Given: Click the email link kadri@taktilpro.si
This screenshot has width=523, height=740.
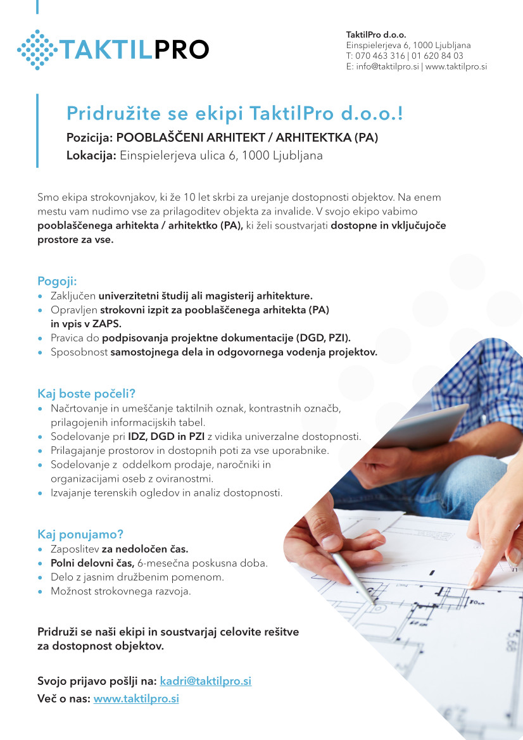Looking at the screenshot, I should pos(206,681).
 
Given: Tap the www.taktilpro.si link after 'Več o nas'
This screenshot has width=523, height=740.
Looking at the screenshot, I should pos(136,699).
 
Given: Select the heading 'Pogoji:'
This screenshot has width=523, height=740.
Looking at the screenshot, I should pos(57,281).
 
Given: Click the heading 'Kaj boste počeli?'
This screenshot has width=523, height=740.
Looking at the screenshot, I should pos(87,393).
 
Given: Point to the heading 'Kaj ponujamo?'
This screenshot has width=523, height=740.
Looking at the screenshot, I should pos(80,534).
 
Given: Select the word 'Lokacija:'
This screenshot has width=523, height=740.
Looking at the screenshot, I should pos(91,156).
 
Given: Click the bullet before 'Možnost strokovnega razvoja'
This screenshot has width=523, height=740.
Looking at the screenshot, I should pos(41,592).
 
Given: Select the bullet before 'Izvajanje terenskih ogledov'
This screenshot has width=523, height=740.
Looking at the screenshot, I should pos(41,492).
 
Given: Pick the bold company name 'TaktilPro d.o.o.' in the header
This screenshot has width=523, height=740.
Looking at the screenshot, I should pos(376,34).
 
